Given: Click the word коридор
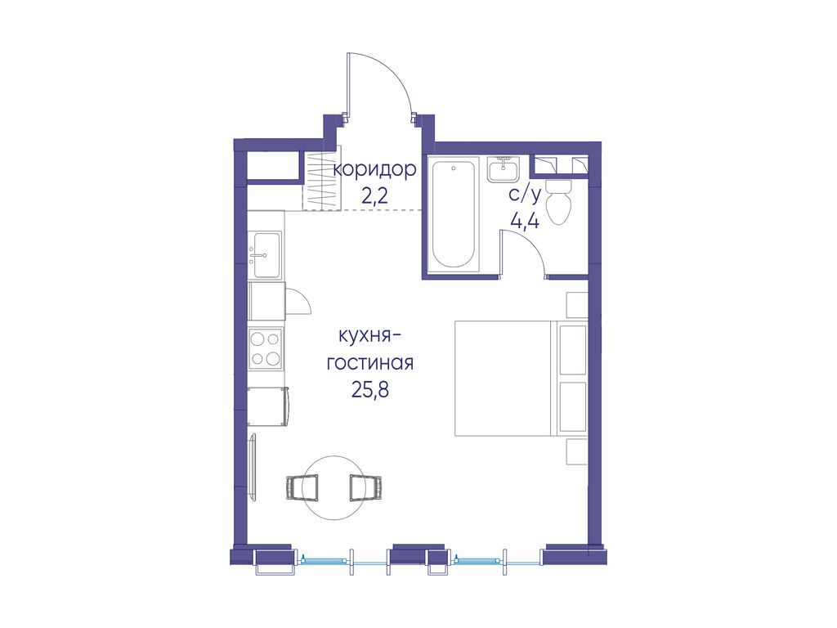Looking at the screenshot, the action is [374, 170].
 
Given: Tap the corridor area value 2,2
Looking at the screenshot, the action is [374, 197].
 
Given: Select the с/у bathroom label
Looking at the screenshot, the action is [525, 195].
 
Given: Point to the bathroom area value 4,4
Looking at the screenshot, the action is [525, 221].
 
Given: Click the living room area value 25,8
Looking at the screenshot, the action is [370, 390].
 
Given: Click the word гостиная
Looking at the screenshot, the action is [370, 363].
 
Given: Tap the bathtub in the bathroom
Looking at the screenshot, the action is [453, 215].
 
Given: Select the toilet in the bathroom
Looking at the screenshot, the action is [560, 202].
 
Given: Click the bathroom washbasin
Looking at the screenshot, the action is [503, 170].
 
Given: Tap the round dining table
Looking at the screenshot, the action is [335, 488].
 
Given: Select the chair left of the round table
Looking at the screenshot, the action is [302, 487].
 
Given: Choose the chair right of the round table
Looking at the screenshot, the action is [367, 487].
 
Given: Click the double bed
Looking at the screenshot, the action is [520, 378].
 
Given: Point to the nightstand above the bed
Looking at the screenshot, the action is [576, 305].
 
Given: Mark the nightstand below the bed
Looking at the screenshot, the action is [576, 451].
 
